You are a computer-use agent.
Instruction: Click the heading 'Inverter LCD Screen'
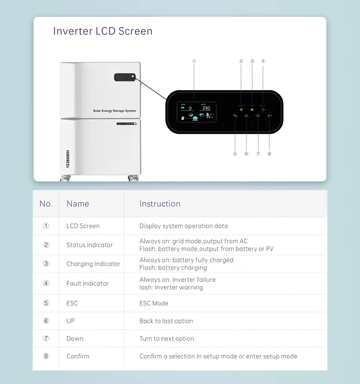pos(103,31)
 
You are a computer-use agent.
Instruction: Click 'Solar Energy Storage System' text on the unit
pos(114,111)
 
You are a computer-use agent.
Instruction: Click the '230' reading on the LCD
pos(206,108)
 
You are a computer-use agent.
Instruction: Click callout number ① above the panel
pos(194,61)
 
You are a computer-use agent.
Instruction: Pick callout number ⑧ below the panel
pos(269,154)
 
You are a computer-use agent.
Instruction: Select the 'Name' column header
pos(78,204)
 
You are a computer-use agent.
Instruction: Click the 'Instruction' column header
pos(160,204)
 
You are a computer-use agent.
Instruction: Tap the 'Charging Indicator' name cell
pos(93,264)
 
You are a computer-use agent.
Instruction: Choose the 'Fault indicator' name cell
pos(87,284)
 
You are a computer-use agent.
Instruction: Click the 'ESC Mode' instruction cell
pos(154,303)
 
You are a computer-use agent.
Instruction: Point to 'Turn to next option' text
pos(167,339)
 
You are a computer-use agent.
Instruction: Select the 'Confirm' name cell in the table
pos(78,356)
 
